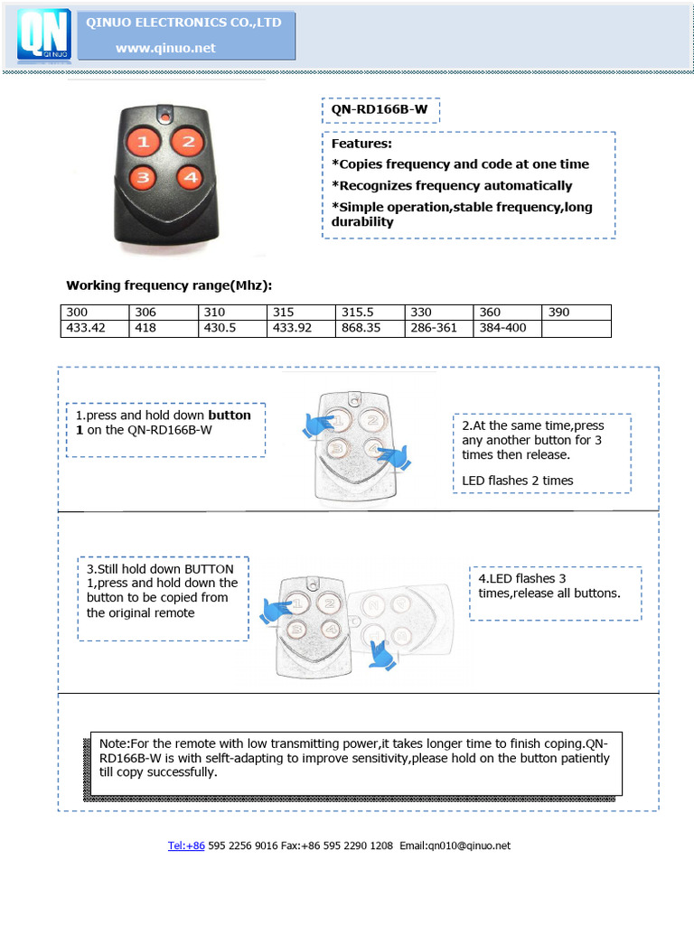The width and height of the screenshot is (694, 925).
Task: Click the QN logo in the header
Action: coord(44,37)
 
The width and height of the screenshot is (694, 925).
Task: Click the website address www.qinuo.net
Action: coord(165,48)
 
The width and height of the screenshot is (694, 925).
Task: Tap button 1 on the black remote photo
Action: coord(144,141)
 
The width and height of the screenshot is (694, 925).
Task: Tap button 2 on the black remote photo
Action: coord(186,141)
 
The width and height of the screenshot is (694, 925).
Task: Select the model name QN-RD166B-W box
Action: coord(380,110)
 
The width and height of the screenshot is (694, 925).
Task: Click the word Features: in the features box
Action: coord(361,143)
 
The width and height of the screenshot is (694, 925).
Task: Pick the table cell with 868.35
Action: coord(370,328)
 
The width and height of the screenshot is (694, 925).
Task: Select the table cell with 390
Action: coord(577,312)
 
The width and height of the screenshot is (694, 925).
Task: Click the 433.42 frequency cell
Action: coord(94,328)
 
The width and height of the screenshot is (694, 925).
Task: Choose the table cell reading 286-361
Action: coord(438,328)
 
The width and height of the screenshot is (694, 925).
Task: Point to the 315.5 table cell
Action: coord(370,312)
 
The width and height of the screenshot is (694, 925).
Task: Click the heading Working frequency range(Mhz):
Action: coord(169,285)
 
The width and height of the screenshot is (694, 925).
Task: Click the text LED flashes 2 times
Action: coord(517,481)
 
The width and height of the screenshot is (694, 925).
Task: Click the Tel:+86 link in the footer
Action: coord(186,846)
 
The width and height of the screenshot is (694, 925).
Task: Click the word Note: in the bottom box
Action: coord(114,743)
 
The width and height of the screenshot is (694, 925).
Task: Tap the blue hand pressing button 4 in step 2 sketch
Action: coord(394,457)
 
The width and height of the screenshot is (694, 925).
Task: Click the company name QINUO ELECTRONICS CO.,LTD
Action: coord(183,23)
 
